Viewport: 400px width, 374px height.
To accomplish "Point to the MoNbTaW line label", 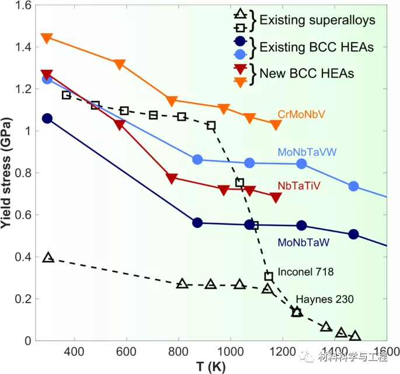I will pyautogui.click(x=304, y=241).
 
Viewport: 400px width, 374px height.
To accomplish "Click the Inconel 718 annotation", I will pyautogui.click(x=305, y=271).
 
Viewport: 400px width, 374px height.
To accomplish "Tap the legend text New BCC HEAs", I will pyautogui.click(x=307, y=74).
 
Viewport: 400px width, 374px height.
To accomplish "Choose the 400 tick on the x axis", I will pyautogui.click(x=74, y=352).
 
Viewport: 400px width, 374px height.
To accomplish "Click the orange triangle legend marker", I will pyautogui.click(x=239, y=82).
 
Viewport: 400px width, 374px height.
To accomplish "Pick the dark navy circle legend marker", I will pyautogui.click(x=239, y=41).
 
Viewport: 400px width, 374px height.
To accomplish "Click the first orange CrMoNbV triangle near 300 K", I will pyautogui.click(x=47, y=38).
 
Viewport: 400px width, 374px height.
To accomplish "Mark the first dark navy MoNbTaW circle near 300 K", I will pyautogui.click(x=47, y=118).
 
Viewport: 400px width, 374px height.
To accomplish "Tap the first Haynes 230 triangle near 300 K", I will pyautogui.click(x=48, y=257).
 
